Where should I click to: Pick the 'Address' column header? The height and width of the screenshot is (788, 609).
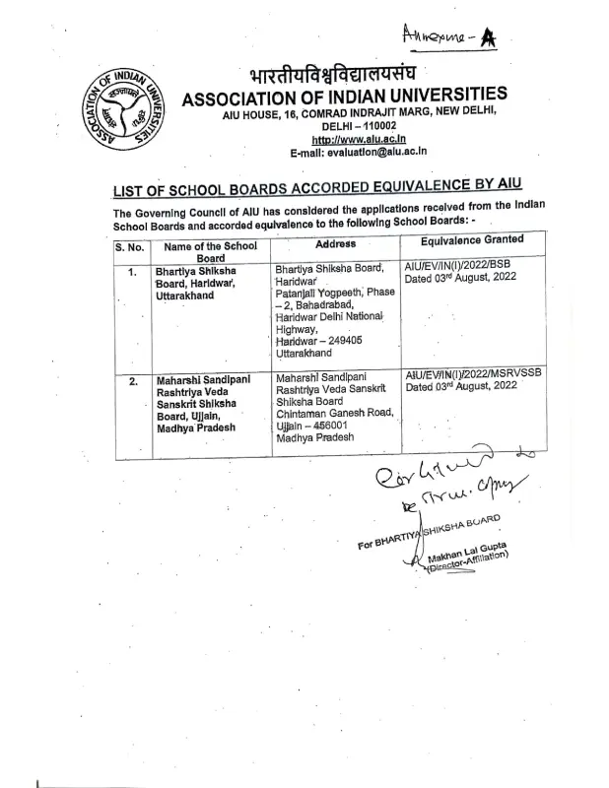pos(335,243)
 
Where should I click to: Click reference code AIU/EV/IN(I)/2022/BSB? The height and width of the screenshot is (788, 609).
pos(461,266)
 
